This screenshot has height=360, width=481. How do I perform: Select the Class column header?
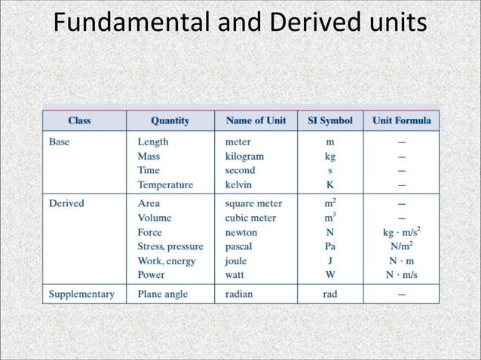click(x=79, y=121)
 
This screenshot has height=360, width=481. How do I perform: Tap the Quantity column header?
click(x=170, y=121)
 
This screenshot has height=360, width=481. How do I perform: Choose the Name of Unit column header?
click(x=256, y=121)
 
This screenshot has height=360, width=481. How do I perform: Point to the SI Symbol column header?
click(x=330, y=121)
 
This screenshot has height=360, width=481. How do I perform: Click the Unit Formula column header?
click(x=401, y=121)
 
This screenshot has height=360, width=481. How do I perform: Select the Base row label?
click(x=60, y=141)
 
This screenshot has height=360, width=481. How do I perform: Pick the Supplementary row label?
click(x=81, y=294)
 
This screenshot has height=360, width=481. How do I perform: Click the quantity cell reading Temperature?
click(x=165, y=184)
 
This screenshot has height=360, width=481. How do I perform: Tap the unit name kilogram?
click(x=244, y=156)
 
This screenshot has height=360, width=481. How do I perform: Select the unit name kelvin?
click(x=238, y=184)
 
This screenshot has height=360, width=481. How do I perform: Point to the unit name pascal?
click(x=240, y=246)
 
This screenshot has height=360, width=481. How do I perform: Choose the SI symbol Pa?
click(x=330, y=246)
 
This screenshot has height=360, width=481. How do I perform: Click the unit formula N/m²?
click(x=401, y=246)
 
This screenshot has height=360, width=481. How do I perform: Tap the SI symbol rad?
click(x=330, y=294)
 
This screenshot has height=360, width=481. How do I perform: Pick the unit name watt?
click(x=237, y=275)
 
